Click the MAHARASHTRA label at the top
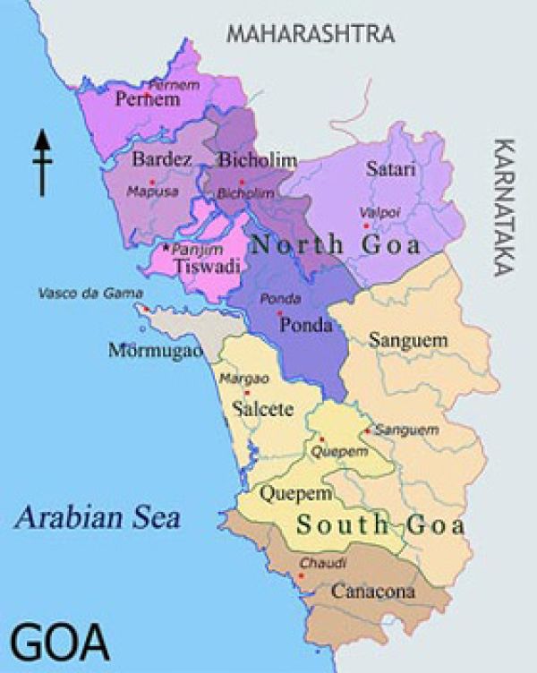(x=311, y=34)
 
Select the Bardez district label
(x=162, y=160)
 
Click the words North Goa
(x=335, y=244)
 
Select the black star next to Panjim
(x=166, y=246)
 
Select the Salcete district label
(x=262, y=410)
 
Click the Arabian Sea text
(x=98, y=516)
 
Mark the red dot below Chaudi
(x=301, y=575)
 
